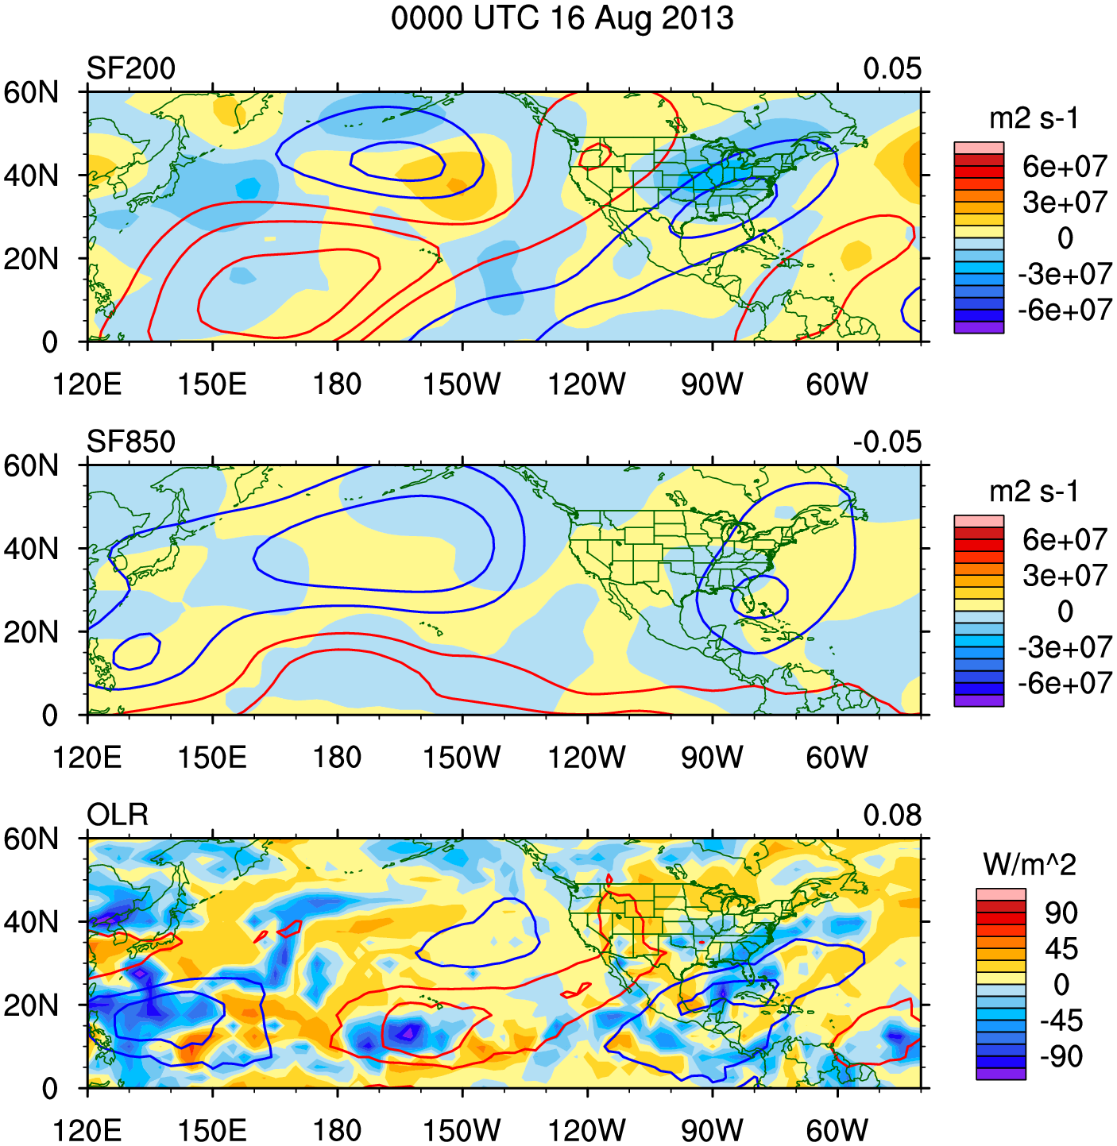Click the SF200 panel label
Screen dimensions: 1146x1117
tap(130, 69)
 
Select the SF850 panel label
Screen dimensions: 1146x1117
tap(130, 442)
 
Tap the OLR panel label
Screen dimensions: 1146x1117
tap(117, 816)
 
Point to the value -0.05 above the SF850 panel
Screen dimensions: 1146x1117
tap(887, 442)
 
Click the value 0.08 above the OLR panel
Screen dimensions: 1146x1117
tap(892, 816)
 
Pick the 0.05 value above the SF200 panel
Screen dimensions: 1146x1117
tap(892, 69)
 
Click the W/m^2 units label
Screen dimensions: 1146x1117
tap(1029, 865)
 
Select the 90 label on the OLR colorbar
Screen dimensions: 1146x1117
tap(1061, 913)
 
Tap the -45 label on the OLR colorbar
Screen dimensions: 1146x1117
tap(1061, 1021)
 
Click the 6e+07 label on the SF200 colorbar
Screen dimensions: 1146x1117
tap(1065, 167)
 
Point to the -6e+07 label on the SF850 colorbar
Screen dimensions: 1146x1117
tap(1065, 684)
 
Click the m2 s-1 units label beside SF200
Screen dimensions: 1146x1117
tap(1034, 119)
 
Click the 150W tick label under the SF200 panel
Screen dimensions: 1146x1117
tap(462, 385)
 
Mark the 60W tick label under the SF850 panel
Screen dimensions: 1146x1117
tap(837, 758)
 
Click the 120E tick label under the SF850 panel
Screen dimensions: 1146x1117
tap(87, 758)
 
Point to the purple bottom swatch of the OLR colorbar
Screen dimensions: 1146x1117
tap(1000, 1074)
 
